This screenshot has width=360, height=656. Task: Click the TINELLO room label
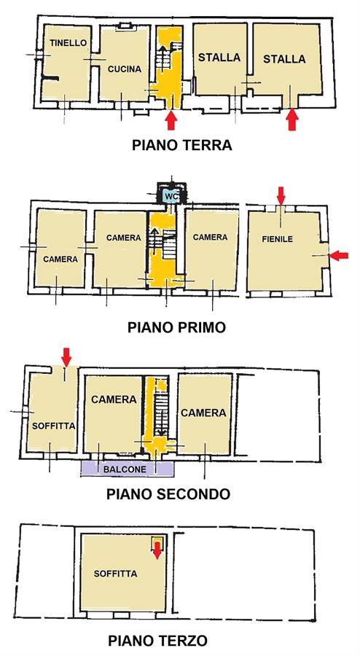point(69,43)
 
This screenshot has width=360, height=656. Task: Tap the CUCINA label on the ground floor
point(125,69)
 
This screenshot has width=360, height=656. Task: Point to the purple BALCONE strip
point(127,469)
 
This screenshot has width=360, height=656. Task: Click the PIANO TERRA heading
point(182,145)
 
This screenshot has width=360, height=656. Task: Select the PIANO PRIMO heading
point(176,327)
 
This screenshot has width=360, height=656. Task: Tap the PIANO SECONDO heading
point(168,494)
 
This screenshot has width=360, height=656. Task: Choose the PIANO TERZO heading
point(157,641)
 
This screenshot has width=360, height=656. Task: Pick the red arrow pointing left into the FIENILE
point(339,255)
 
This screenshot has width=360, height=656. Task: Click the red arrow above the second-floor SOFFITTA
point(66,357)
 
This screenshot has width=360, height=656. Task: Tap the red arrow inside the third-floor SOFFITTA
point(157,550)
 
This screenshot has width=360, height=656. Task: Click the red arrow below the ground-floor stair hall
point(171,120)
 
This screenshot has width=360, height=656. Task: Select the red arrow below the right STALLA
point(292,120)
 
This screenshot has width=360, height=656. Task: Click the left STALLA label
point(219,58)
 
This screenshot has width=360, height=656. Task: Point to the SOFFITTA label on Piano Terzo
point(115,574)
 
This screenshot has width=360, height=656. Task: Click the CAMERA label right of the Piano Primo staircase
point(211,237)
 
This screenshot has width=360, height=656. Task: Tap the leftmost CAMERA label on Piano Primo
point(60,259)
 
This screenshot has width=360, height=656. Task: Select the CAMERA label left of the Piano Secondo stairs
point(114,399)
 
